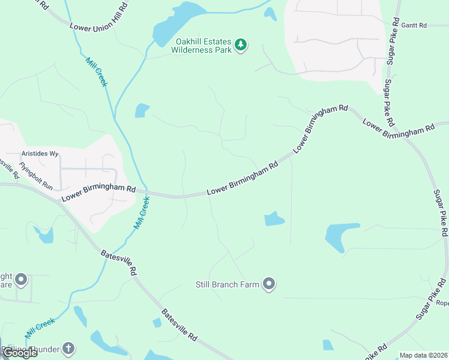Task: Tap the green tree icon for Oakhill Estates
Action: [x=241, y=45]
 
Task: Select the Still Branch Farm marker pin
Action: [x=269, y=284]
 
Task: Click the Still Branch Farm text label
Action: [x=228, y=284]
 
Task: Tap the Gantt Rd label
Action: [x=414, y=25]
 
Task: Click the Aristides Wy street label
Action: [x=40, y=154]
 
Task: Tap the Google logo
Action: [x=20, y=353]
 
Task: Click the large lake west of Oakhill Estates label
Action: [x=174, y=24]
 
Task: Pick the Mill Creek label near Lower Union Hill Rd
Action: [x=97, y=72]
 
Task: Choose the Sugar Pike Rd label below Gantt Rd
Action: [x=389, y=103]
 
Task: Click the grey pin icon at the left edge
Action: [x=21, y=280]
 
